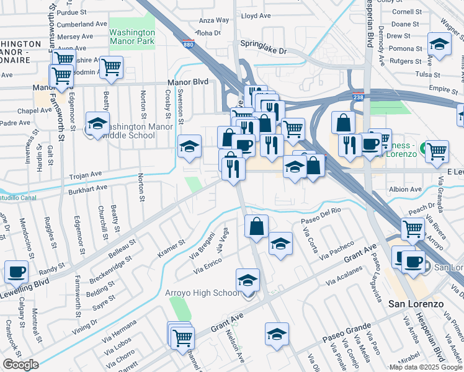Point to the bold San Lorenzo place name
[416, 304]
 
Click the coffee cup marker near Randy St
[16, 272]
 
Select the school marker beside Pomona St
[439, 45]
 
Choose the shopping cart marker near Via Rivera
[413, 228]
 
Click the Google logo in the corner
[20, 365]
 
